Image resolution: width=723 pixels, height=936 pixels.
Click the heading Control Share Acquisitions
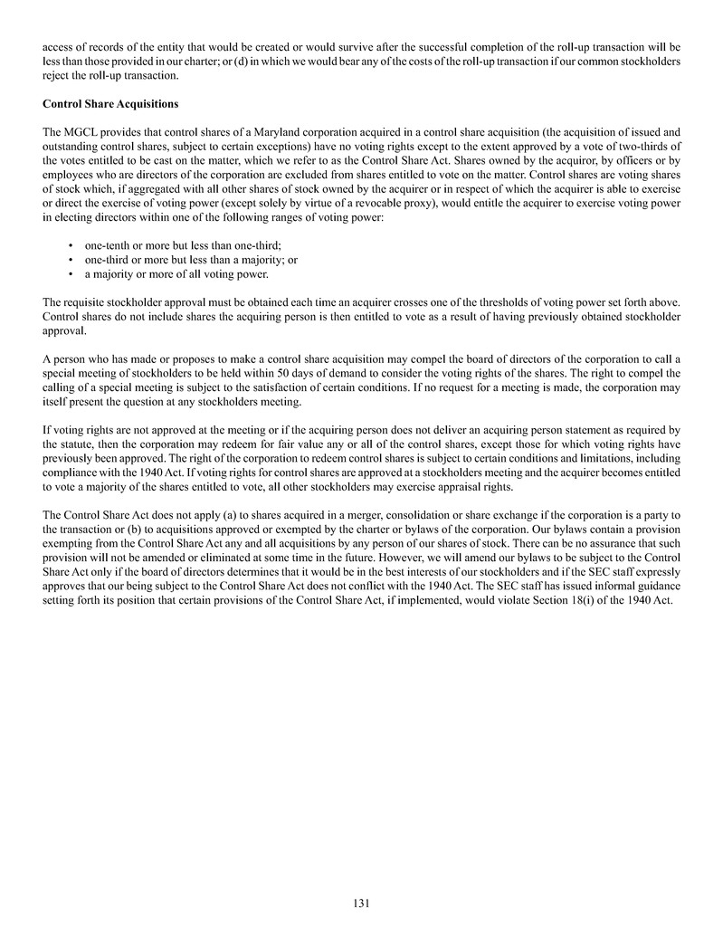[110, 104]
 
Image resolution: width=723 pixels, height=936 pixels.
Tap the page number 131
[361, 903]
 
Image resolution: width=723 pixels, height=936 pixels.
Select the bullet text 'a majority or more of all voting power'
[176, 273]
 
